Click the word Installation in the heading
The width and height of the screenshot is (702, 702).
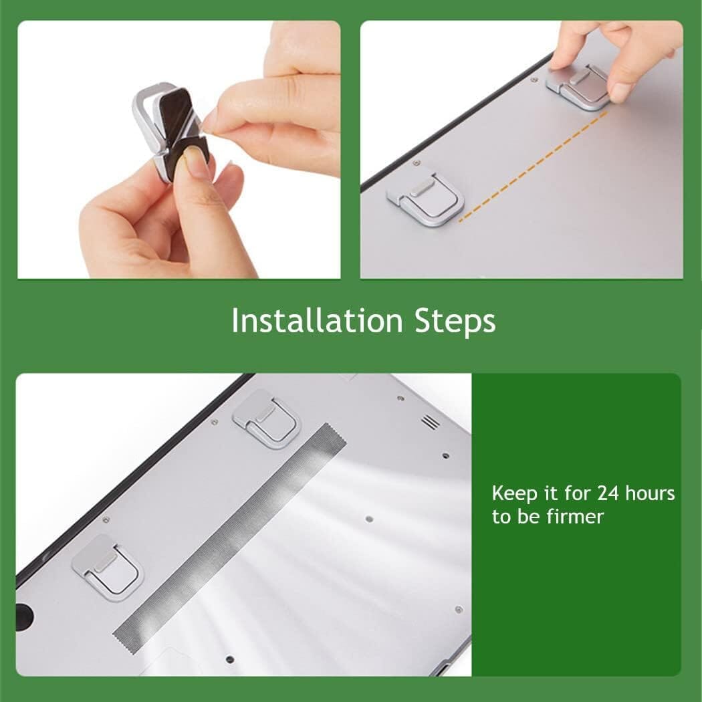pos(317,321)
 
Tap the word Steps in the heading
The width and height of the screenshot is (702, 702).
pos(455,322)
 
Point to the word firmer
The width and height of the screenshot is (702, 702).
pos(574,517)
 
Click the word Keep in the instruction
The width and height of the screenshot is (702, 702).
pos(514,494)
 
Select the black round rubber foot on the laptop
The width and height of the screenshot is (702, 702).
pos(24,613)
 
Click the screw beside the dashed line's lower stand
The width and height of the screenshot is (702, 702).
pos(416,162)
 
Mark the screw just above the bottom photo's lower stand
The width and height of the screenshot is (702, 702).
pos(106,519)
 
